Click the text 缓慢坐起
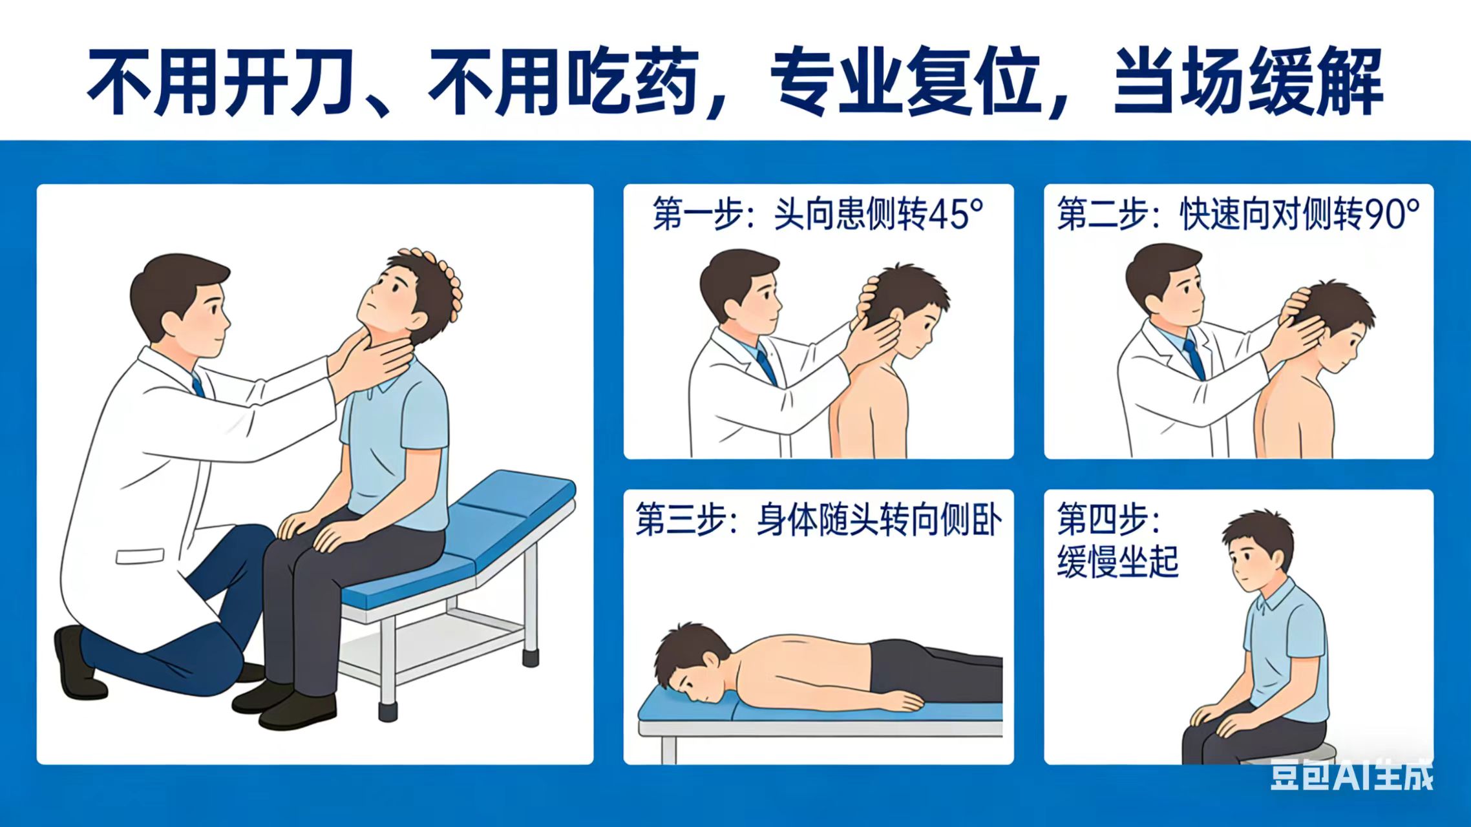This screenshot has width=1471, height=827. pyautogui.click(x=1117, y=561)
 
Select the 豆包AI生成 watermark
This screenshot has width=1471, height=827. pyautogui.click(x=1351, y=775)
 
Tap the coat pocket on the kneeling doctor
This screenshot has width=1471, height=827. pyautogui.click(x=139, y=556)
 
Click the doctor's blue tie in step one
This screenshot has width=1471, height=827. pyautogui.click(x=766, y=365)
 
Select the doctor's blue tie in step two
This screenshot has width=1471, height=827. pyautogui.click(x=1194, y=359)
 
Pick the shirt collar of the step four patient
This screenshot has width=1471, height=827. pyautogui.click(x=1271, y=596)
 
